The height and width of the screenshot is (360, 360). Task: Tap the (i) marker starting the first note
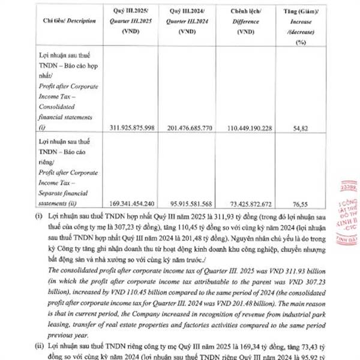(x=38, y=215)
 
